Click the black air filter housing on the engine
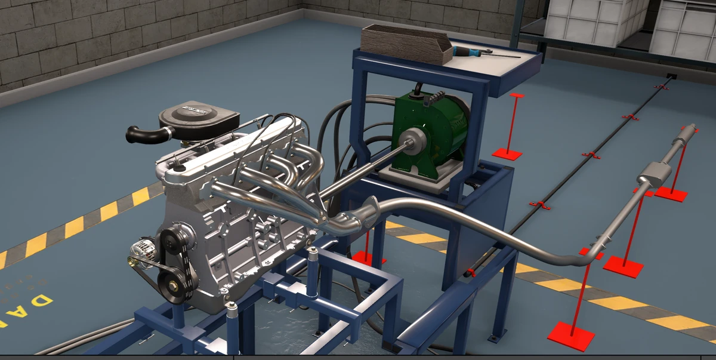[199, 118]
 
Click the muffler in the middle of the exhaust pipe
[653, 173]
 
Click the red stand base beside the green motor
[508, 153]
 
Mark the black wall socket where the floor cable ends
[671, 76]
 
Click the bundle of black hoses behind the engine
[334, 125]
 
